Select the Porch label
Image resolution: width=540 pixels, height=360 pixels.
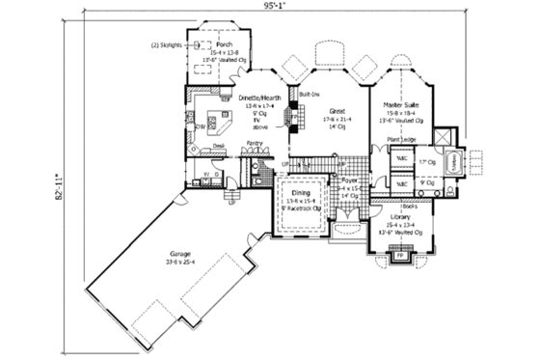pos(225,44)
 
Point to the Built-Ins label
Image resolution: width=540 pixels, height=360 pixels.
pos(310,95)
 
